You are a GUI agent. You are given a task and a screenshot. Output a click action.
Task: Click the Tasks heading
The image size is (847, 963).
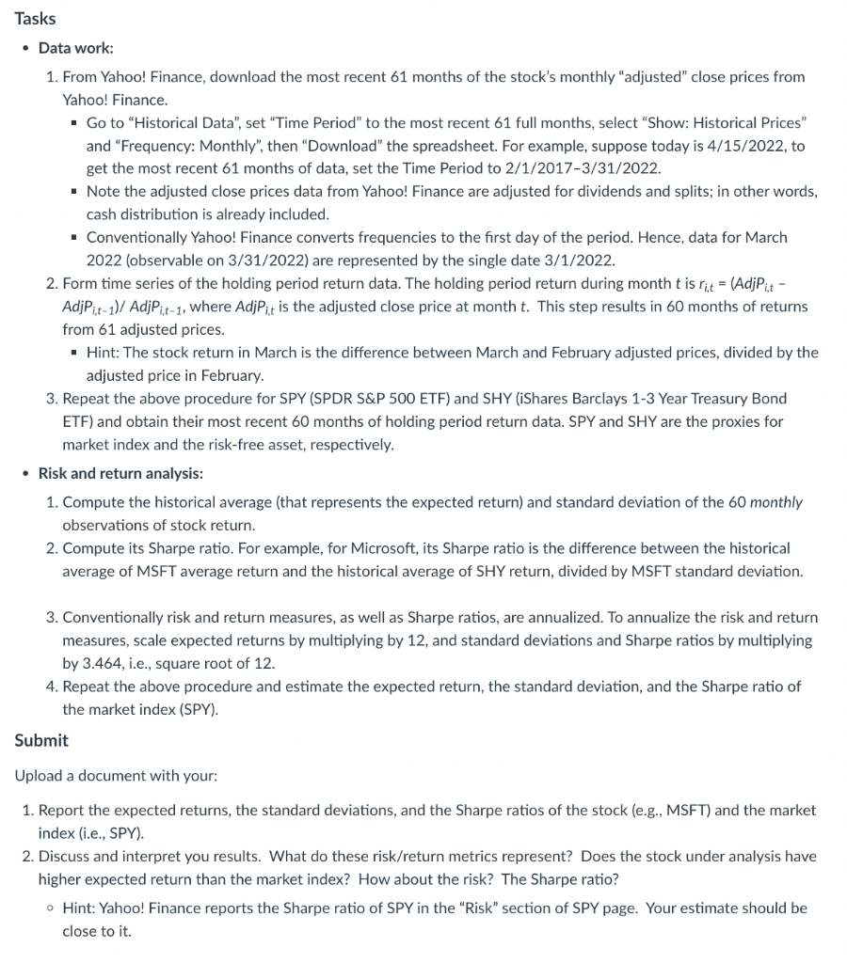coord(35,19)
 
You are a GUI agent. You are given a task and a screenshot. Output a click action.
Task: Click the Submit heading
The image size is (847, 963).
coord(41,740)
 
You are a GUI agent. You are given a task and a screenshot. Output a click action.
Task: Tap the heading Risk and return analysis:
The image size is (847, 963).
coord(120,473)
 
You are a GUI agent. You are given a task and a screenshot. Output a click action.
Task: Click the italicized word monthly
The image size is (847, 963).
coord(776,502)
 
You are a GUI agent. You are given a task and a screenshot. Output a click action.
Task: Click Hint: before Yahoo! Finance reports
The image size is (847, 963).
coord(80,908)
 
